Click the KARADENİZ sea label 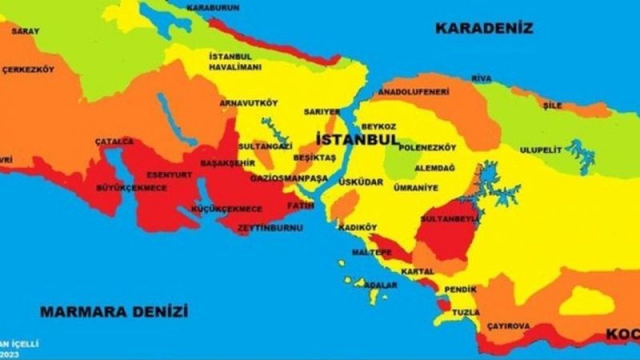click(x=484, y=28)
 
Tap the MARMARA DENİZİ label click(x=114, y=312)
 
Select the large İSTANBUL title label click(x=358, y=139)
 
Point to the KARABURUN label click(x=212, y=7)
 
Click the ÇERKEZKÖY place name click(x=28, y=69)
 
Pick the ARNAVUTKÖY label click(x=248, y=103)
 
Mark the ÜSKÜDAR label click(x=360, y=182)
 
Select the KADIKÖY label click(x=357, y=227)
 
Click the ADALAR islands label click(x=381, y=285)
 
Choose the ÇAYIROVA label click(x=508, y=326)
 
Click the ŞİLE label click(x=553, y=105)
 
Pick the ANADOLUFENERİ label click(x=413, y=92)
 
